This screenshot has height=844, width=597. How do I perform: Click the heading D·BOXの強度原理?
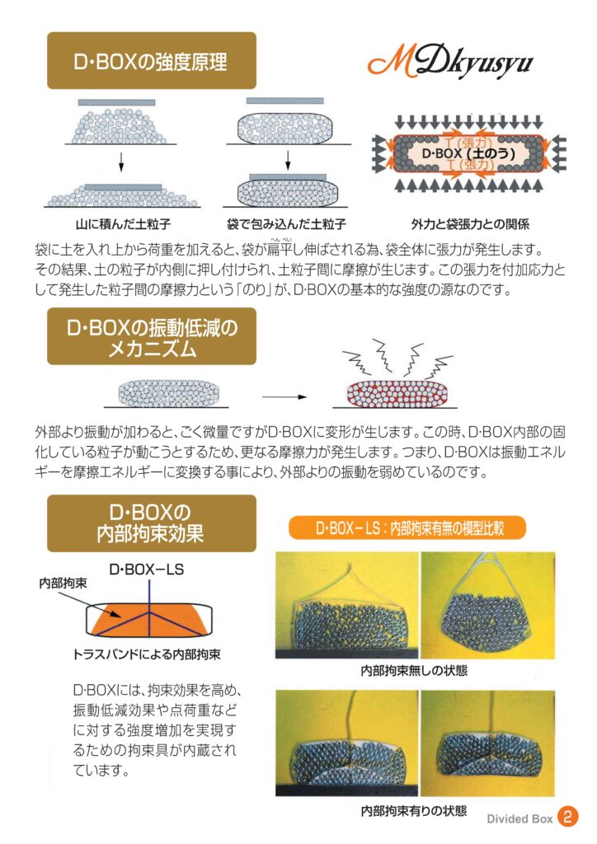[151, 61]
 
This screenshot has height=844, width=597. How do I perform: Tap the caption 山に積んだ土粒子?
[123, 223]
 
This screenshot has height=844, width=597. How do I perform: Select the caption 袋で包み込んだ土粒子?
[286, 223]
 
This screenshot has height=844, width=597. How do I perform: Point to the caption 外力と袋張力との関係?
[470, 223]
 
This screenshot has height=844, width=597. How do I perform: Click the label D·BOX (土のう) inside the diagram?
[468, 153]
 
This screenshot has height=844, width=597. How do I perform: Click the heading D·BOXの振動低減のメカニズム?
[151, 336]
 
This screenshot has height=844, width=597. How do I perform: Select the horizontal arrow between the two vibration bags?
[284, 397]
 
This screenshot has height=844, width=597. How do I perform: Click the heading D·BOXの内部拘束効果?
[151, 523]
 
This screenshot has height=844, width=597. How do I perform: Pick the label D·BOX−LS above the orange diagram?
[147, 569]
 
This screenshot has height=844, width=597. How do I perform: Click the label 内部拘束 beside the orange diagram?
[63, 583]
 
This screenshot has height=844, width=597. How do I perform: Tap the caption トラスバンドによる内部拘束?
[147, 654]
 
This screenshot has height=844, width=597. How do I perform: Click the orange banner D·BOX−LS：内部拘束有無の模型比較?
[407, 528]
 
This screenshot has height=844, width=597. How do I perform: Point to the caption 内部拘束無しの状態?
[414, 670]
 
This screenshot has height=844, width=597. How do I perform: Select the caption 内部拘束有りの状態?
[414, 810]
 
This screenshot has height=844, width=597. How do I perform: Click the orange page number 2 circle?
[567, 817]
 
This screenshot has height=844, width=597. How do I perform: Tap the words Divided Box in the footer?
[519, 818]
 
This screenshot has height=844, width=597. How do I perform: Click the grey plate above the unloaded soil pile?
[117, 102]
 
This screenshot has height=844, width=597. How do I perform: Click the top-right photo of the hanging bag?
[487, 605]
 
